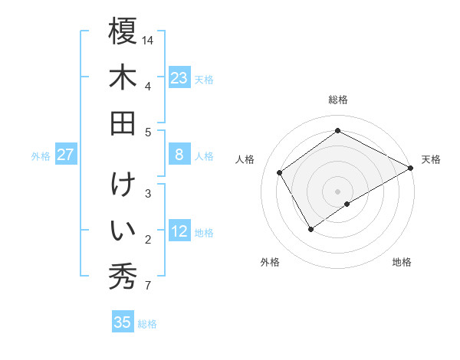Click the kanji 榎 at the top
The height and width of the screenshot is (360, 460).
click(123, 32)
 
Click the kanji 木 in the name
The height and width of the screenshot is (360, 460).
click(123, 78)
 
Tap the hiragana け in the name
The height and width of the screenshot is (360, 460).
click(123, 186)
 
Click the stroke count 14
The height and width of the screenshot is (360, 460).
click(149, 39)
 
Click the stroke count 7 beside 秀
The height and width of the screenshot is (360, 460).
click(147, 286)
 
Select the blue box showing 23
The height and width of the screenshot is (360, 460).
click(179, 77)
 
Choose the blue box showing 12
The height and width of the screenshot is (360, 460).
click(179, 232)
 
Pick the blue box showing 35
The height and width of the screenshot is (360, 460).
click(123, 322)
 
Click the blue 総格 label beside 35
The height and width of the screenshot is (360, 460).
click(147, 324)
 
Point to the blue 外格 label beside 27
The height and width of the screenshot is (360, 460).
click(41, 156)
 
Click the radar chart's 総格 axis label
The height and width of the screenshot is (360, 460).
click(338, 100)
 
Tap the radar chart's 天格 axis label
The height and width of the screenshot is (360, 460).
click(431, 159)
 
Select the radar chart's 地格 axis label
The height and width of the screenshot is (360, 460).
click(402, 262)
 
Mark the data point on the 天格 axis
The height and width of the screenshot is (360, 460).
click(411, 168)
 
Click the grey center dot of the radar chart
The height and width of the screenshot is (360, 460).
click(338, 191)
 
